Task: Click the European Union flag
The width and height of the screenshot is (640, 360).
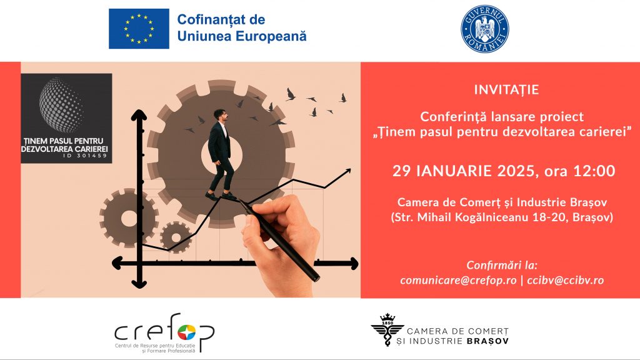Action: [139, 29]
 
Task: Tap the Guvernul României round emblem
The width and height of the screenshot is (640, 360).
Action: [485, 29]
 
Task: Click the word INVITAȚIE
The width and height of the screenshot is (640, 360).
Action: [506, 90]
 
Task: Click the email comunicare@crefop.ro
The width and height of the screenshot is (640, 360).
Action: [458, 280]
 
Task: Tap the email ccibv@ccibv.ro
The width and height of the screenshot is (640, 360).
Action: [565, 280]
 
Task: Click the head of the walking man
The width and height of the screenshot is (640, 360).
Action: [220, 116]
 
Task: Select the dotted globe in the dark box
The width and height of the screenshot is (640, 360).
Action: [61, 105]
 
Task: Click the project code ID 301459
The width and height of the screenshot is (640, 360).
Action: [85, 156]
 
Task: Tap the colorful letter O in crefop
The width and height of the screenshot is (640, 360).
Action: [186, 332]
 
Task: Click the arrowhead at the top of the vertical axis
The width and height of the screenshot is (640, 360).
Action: [139, 115]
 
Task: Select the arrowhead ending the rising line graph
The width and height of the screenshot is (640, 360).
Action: [347, 171]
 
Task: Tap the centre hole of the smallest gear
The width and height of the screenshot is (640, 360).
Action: [176, 237]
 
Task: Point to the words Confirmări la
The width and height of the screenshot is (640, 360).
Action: [502, 265]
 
